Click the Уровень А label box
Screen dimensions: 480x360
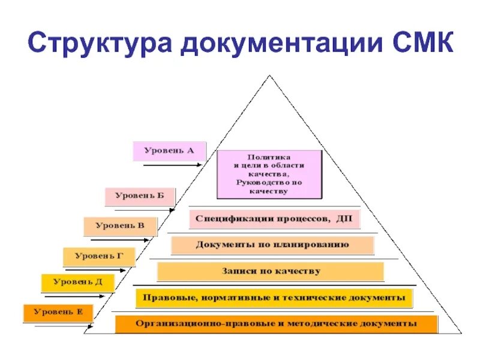click(169, 151)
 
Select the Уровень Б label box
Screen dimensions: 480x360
click(140, 196)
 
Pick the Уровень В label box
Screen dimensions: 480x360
click(120, 226)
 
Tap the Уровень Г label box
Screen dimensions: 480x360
click(99, 256)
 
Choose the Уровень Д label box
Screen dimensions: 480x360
click(77, 282)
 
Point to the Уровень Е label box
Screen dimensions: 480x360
click(58, 312)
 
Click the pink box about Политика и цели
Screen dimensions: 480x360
click(269, 174)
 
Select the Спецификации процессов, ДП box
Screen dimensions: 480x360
click(275, 219)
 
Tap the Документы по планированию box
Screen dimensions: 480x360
click(272, 245)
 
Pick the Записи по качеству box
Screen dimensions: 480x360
click(270, 271)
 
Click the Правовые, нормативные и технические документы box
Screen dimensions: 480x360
click(274, 297)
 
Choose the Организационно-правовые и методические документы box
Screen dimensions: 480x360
click(276, 324)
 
